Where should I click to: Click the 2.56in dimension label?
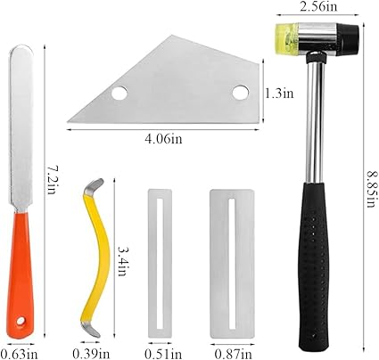pyautogui.click(x=318, y=6)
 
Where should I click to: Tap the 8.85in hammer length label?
pyautogui.click(x=371, y=188)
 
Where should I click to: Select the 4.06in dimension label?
pyautogui.click(x=163, y=139)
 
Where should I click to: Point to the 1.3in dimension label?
pyautogui.click(x=279, y=94)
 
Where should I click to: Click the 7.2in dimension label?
pyautogui.click(x=51, y=179)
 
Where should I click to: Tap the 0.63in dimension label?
pyautogui.click(x=20, y=354)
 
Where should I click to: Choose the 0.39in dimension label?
pyautogui.click(x=91, y=354)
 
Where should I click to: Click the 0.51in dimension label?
pyautogui.click(x=163, y=354)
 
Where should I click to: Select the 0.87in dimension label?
pyautogui.click(x=234, y=354)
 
